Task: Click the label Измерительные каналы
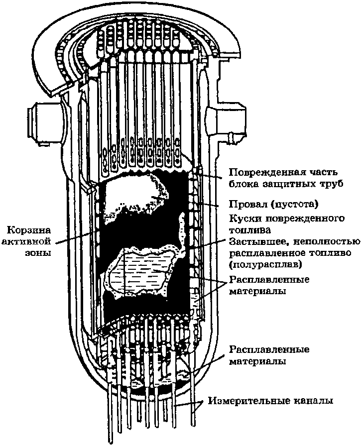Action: point(271,400)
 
